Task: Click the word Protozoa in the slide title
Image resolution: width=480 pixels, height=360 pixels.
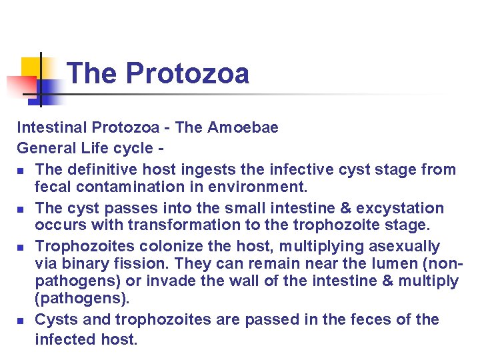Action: click(x=187, y=73)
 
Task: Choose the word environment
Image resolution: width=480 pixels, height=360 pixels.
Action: click(x=261, y=187)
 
